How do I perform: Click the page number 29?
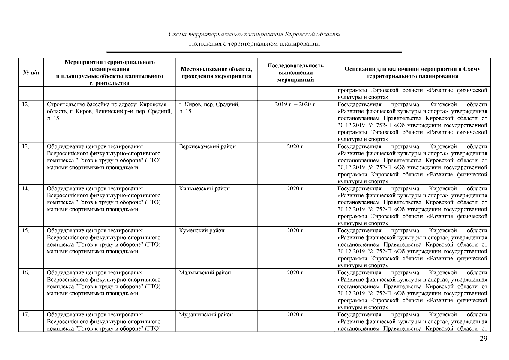(483, 339)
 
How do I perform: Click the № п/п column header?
(31, 73)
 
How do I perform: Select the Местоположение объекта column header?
(216, 73)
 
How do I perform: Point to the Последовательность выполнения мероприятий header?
(295, 73)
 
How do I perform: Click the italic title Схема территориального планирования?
(254, 34)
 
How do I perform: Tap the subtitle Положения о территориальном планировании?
(254, 44)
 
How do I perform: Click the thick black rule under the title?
(254, 52)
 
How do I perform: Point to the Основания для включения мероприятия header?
(412, 73)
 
